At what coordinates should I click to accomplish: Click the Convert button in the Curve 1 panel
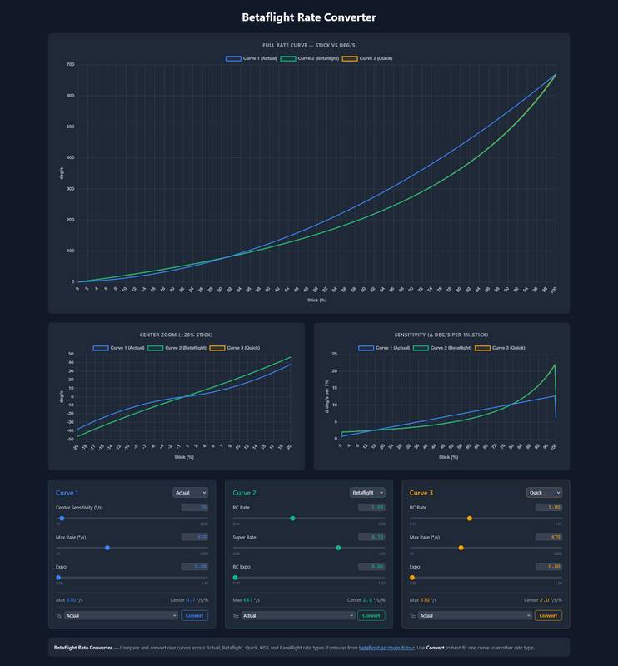[194, 615]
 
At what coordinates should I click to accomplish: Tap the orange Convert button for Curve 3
[548, 615]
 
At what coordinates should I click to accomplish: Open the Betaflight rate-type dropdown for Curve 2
[367, 492]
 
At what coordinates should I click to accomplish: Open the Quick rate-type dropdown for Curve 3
[545, 492]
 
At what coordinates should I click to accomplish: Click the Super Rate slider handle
[338, 548]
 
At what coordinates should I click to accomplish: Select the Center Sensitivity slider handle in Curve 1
[62, 518]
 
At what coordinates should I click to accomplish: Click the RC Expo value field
[371, 566]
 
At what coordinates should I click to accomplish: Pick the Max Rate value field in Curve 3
[548, 537]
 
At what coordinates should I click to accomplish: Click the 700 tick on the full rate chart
[71, 64]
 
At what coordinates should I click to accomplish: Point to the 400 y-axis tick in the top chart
[71, 157]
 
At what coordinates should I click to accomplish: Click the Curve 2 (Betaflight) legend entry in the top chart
[309, 59]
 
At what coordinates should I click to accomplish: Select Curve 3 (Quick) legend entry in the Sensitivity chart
[501, 348]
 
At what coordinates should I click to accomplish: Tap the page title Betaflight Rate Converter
[309, 17]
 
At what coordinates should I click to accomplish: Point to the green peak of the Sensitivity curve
[554, 365]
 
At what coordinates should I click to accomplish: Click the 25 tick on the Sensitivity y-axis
[334, 353]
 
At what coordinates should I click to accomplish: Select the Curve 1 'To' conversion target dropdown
[121, 615]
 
